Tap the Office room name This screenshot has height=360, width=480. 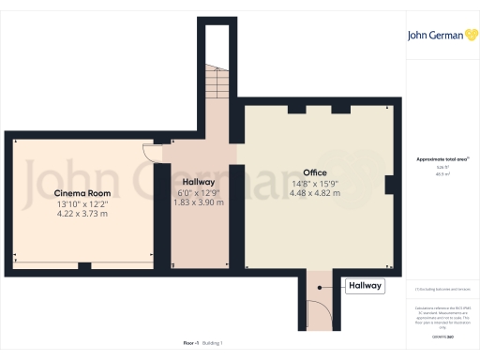(x=315, y=172)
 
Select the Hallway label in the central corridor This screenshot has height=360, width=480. (x=199, y=182)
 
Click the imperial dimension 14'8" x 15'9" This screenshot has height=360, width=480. (x=315, y=183)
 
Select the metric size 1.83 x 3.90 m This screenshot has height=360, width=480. (x=199, y=202)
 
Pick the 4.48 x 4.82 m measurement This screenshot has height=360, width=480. (x=315, y=193)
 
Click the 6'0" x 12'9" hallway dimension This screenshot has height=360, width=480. (x=199, y=192)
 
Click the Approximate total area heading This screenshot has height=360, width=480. (x=442, y=159)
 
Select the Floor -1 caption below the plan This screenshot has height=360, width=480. (x=190, y=343)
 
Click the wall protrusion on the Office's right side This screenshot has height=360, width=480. (x=389, y=185)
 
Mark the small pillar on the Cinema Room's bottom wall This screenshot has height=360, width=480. (x=83, y=266)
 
